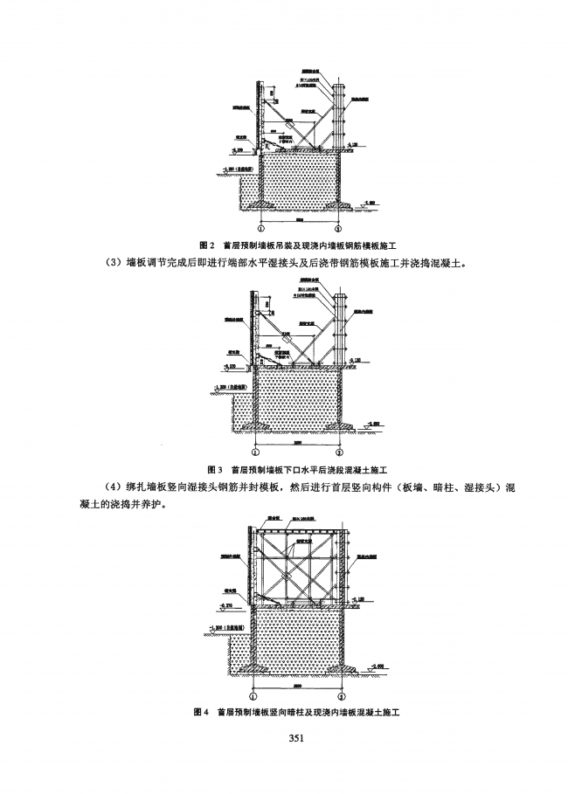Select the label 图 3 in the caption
[x=211, y=469]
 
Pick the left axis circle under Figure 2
[x=254, y=226]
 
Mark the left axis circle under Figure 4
[x=253, y=696]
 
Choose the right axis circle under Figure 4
[x=341, y=696]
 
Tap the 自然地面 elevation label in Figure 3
[x=229, y=385]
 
